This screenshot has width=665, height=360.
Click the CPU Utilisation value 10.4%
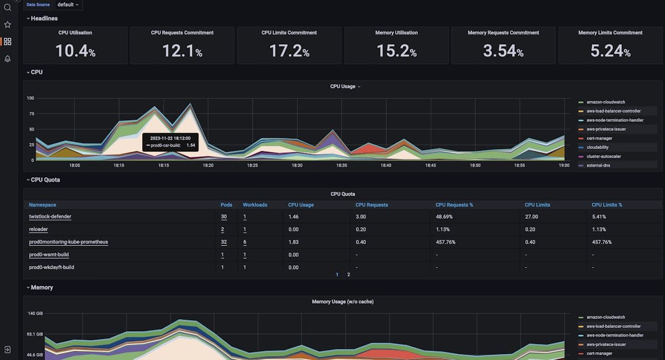click(x=75, y=52)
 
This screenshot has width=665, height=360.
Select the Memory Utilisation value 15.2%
click(x=396, y=52)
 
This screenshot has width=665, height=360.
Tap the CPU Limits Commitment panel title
click(x=289, y=33)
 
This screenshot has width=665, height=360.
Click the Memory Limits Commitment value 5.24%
click(x=610, y=52)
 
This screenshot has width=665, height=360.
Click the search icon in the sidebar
click(x=7, y=7)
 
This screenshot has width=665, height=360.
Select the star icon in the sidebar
click(x=7, y=25)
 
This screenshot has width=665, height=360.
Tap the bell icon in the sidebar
click(x=7, y=59)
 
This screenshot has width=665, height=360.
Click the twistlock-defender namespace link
click(x=50, y=217)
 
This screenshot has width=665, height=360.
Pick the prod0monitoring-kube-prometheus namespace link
click(x=68, y=242)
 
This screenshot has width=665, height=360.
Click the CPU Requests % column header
click(x=454, y=205)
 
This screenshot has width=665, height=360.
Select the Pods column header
click(x=227, y=205)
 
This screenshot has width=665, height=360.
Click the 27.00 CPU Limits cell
click(x=531, y=217)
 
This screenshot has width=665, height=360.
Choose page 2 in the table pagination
click(x=349, y=275)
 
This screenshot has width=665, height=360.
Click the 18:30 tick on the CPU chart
click(x=297, y=165)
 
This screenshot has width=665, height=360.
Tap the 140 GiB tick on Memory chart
click(x=35, y=313)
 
